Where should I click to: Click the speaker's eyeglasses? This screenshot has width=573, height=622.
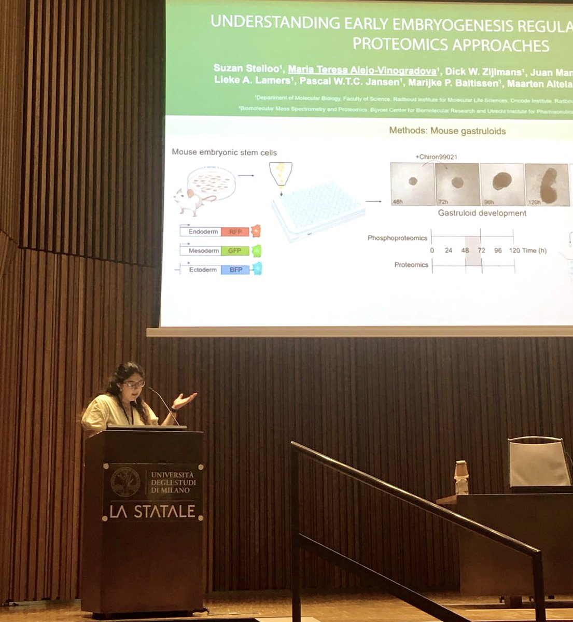134,384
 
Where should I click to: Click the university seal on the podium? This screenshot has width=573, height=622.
125,482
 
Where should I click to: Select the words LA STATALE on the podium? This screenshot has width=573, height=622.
152,512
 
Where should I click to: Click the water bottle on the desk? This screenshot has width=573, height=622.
461,477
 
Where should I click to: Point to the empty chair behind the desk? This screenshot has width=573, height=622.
539,463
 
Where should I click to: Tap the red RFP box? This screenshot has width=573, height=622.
235,232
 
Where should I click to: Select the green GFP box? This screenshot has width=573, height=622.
234,251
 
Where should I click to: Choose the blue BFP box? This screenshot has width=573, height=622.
235,270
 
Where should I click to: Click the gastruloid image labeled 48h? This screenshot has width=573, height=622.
412,184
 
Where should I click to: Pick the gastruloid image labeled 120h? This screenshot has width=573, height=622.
547,185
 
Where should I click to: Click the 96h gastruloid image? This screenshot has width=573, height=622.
502,184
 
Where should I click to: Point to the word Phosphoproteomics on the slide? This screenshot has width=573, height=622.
397,238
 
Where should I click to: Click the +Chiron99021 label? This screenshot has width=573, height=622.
436,157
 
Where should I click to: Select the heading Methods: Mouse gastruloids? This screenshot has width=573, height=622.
447,131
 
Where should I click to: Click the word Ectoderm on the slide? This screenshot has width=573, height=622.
203,270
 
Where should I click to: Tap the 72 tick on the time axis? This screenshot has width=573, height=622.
481,250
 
